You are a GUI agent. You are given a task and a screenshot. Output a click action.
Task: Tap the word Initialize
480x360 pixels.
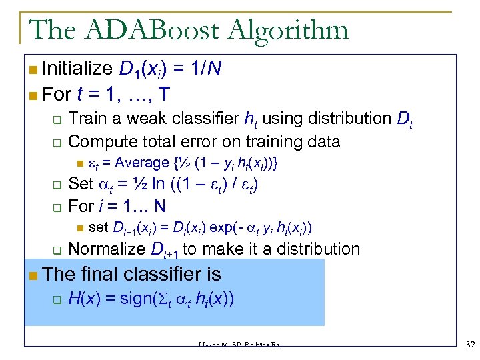click(x=77, y=68)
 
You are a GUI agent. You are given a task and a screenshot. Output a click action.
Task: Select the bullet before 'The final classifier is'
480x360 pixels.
click(x=33, y=275)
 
